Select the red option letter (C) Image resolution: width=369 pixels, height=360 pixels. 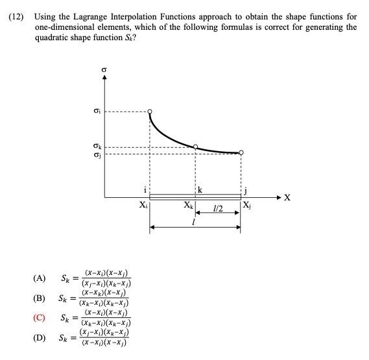point(39,318)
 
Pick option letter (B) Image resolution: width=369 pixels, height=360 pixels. point(39,298)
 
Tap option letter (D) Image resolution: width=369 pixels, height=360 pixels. point(39,338)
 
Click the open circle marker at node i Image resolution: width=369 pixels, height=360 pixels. point(150,112)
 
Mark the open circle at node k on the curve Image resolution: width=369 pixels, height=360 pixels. point(196,147)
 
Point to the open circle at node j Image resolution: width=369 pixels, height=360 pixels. point(241,152)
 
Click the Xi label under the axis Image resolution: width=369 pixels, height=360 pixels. point(143,206)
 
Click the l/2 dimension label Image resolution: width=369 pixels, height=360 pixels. point(217,209)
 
